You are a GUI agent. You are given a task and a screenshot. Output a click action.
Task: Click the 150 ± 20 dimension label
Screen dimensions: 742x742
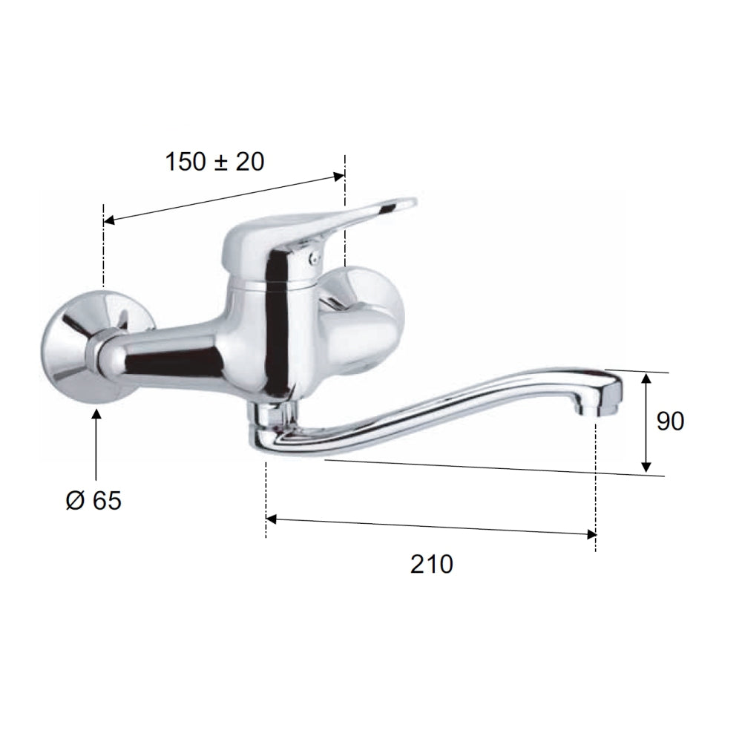coord(214,162)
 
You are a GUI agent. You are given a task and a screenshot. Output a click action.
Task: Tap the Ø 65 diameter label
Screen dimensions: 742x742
coord(93,501)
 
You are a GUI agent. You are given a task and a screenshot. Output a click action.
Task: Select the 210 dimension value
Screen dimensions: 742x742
coord(432,564)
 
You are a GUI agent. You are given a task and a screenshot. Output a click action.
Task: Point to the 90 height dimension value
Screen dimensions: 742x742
coord(670,421)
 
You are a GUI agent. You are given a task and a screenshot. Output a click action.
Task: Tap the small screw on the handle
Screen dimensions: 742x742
coord(313,258)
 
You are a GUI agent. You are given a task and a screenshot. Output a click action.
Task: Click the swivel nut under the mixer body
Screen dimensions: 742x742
coord(271,413)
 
